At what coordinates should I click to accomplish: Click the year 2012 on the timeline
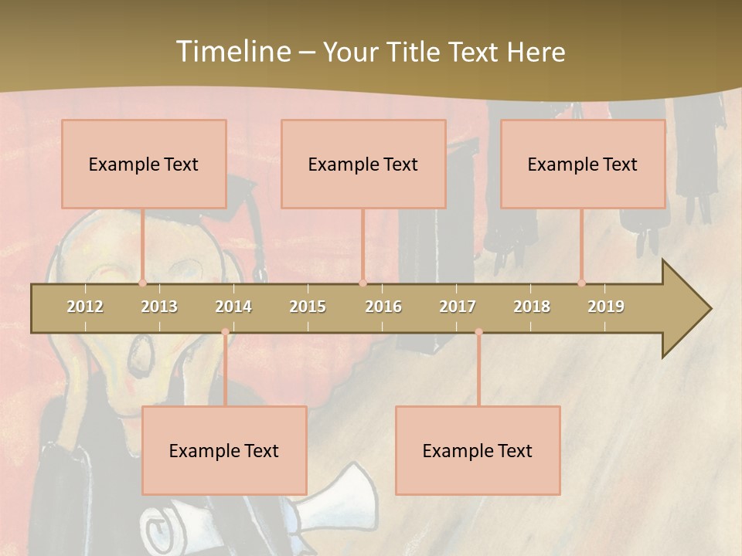(x=85, y=307)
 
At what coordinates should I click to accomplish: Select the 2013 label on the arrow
(x=159, y=307)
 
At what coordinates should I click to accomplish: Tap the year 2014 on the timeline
(x=233, y=307)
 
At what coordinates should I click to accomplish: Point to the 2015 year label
(x=308, y=307)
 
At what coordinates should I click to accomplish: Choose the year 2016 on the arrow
(x=383, y=307)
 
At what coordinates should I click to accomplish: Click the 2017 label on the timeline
(x=458, y=307)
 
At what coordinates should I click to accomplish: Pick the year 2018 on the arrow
(x=532, y=307)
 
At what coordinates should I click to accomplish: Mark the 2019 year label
(x=606, y=307)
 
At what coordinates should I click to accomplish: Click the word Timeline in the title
(x=233, y=52)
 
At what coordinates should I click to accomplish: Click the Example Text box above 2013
(x=144, y=164)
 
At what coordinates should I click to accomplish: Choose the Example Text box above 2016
(x=363, y=164)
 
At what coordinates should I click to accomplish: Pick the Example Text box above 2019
(x=583, y=164)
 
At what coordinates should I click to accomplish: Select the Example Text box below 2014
(x=224, y=450)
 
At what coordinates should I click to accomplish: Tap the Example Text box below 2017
(x=478, y=450)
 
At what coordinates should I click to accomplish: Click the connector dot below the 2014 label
(x=225, y=332)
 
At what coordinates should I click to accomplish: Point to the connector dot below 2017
(x=478, y=332)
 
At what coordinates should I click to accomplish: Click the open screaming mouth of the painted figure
(x=141, y=356)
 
